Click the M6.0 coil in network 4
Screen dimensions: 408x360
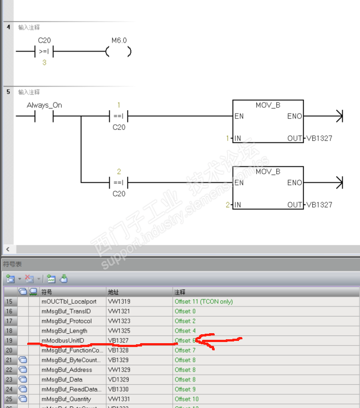(119, 52)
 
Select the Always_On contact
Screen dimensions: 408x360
(44, 116)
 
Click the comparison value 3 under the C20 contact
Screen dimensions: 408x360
(44, 63)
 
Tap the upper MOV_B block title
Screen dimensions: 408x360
(268, 105)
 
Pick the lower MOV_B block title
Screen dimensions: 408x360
(268, 172)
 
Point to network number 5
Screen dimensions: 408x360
(8, 91)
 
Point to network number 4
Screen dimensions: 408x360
(8, 27)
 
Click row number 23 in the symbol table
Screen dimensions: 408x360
(9, 380)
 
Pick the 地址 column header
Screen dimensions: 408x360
(113, 292)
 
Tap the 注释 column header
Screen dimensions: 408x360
(180, 292)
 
